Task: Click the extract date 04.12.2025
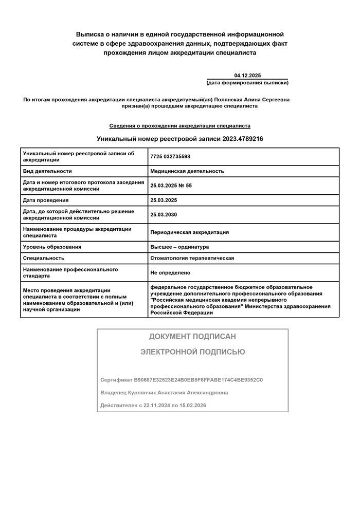point(247,76)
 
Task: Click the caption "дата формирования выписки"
point(247,83)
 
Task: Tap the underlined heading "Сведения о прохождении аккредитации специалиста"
point(179,125)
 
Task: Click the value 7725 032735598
point(170,156)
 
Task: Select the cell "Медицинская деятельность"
point(187,171)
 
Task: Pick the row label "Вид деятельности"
point(47,171)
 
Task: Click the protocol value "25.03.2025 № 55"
point(171,186)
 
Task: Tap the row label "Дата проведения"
point(46,200)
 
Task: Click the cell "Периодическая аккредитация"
point(189,232)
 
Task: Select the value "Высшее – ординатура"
point(179,247)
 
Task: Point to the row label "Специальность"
point(44,258)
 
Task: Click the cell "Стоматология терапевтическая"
point(192,258)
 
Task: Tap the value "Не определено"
point(170,272)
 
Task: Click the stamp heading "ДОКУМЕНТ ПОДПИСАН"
point(192,337)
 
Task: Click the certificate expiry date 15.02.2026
point(192,405)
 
